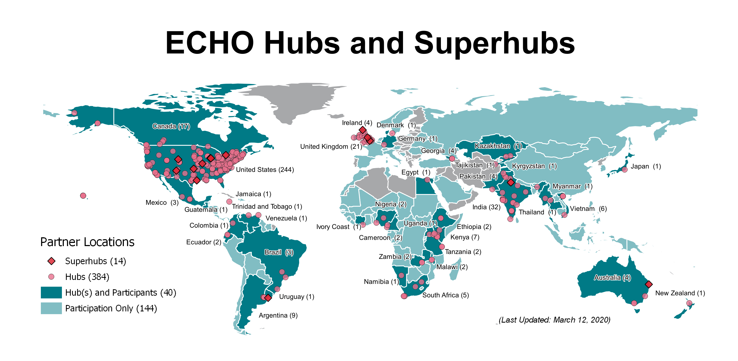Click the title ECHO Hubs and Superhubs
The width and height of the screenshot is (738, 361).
coord(370,43)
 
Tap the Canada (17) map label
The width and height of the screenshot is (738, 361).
coord(171,126)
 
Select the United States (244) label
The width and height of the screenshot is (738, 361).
coord(265,170)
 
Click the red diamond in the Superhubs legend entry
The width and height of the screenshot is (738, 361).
coord(52,261)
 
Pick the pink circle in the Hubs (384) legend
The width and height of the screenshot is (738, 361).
coord(51,276)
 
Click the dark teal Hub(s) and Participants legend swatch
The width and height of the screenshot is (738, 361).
coord(51,292)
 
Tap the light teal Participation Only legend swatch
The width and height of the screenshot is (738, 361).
coord(51,308)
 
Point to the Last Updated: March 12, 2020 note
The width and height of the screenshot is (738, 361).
coord(554,320)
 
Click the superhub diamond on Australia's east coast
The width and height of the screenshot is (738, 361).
coord(649,284)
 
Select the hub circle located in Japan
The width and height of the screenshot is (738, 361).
coord(625,170)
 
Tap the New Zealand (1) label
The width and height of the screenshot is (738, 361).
coord(680,293)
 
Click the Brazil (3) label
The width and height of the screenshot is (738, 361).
coord(278,252)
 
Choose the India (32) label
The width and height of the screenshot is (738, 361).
coord(486,207)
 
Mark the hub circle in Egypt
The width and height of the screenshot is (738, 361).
coord(427,180)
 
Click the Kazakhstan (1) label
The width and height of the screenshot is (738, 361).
coord(498,146)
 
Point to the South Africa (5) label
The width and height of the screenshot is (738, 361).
coord(445,295)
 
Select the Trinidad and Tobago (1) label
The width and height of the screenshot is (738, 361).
coord(267,206)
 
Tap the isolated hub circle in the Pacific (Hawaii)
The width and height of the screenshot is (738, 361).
coord(83,195)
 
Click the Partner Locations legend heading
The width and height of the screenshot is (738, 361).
coord(87,242)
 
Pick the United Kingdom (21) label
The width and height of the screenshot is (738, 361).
coord(331,147)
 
